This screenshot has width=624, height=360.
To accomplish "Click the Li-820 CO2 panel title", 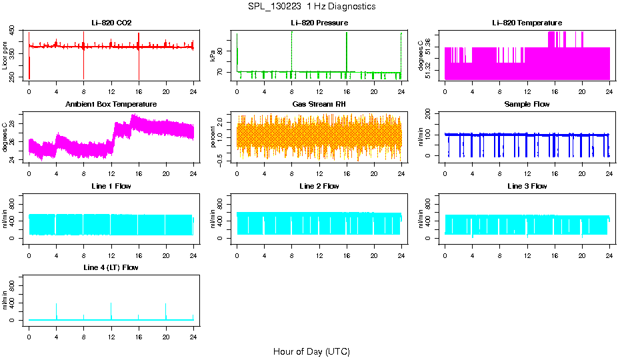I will pyautogui.click(x=111, y=23).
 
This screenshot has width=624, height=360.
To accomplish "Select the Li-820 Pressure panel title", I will pyautogui.click(x=319, y=23).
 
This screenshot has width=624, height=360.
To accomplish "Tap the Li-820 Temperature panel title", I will pyautogui.click(x=527, y=23).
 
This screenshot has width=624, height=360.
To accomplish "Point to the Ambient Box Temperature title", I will pyautogui.click(x=111, y=104).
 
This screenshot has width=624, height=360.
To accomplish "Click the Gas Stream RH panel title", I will pyautogui.click(x=319, y=104).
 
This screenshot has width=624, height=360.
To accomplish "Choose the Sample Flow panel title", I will pyautogui.click(x=527, y=104).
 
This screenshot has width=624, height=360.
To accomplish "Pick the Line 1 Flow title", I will pyautogui.click(x=111, y=186).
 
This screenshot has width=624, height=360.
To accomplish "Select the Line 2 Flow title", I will pyautogui.click(x=319, y=186).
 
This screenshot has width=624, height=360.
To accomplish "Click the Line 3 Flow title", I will pyautogui.click(x=527, y=186).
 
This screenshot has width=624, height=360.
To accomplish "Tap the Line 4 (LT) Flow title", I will pyautogui.click(x=111, y=267).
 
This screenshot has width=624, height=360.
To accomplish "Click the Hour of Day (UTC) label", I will pyautogui.click(x=311, y=351).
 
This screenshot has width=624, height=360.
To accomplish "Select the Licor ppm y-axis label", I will pyautogui.click(x=5, y=55).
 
